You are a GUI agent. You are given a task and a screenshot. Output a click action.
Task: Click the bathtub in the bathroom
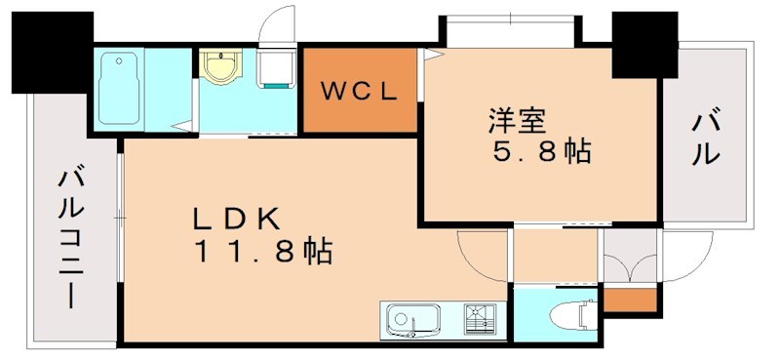(x=122, y=87)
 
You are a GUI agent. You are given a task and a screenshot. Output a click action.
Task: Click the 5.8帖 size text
(x=543, y=154)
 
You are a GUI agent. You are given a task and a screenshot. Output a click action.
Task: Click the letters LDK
(x=237, y=218)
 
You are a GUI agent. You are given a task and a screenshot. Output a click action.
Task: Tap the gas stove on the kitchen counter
(x=481, y=318)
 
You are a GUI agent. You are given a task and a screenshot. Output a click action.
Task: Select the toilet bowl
(x=569, y=315)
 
